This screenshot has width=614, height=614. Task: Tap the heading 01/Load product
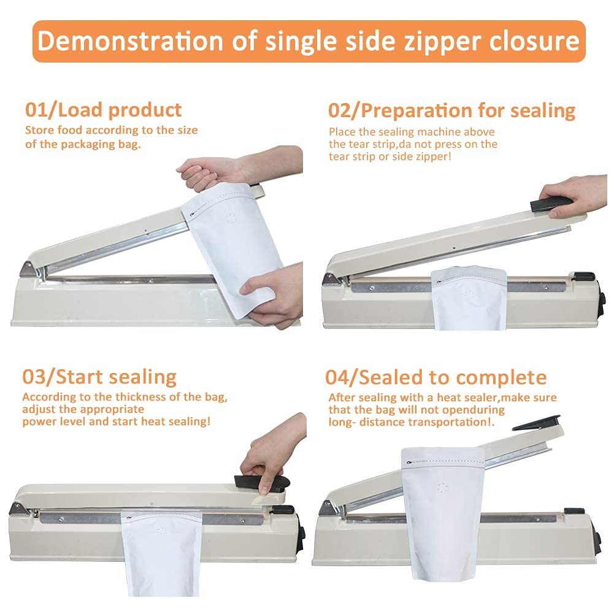click(104, 110)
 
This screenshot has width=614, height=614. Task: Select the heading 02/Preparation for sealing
click(452, 111)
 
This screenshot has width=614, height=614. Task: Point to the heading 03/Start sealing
click(99, 377)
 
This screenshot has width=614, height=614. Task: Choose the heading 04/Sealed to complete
click(436, 377)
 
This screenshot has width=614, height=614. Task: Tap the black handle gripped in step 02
click(550, 204)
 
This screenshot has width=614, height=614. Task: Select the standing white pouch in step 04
click(442, 513)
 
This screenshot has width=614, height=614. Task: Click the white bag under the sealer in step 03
click(162, 553)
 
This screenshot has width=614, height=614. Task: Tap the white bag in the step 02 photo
click(469, 297)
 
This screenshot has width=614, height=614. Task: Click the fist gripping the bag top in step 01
click(204, 173)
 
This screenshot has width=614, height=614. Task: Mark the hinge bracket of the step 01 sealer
click(29, 270)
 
